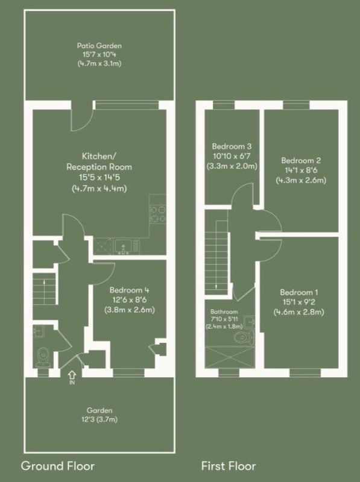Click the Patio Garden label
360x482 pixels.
click(x=99, y=46)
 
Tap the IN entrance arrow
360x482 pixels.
click(x=72, y=375)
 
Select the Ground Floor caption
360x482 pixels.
click(x=57, y=466)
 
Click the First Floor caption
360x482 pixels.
click(x=229, y=466)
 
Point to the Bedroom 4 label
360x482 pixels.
click(x=129, y=290)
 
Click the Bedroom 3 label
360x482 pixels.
click(x=232, y=146)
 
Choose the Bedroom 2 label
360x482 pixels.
click(x=301, y=160)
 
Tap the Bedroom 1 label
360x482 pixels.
click(x=298, y=292)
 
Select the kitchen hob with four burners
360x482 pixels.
click(x=157, y=214)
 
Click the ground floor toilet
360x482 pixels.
click(x=43, y=357)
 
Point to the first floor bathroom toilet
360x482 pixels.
click(x=244, y=337)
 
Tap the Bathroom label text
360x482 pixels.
click(x=224, y=311)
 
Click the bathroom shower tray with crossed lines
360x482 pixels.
click(x=230, y=357)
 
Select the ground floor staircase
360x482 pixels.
click(x=44, y=289)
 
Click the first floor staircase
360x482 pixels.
click(x=216, y=264)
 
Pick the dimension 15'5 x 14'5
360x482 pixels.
click(x=99, y=177)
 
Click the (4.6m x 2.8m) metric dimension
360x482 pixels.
click(x=298, y=312)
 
